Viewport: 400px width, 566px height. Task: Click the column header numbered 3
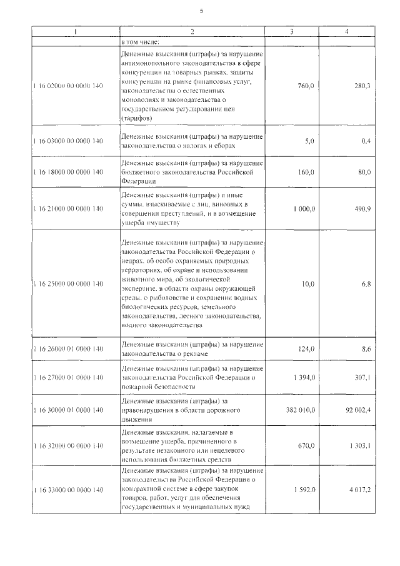pyautogui.click(x=292, y=31)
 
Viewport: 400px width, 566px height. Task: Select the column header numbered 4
pyautogui.click(x=347, y=31)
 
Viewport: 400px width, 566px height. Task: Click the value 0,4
pyautogui.click(x=366, y=141)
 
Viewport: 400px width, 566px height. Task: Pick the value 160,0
pyautogui.click(x=306, y=172)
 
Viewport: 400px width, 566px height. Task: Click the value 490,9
pyautogui.click(x=362, y=208)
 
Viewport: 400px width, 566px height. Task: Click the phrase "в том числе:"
pyautogui.click(x=141, y=43)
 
